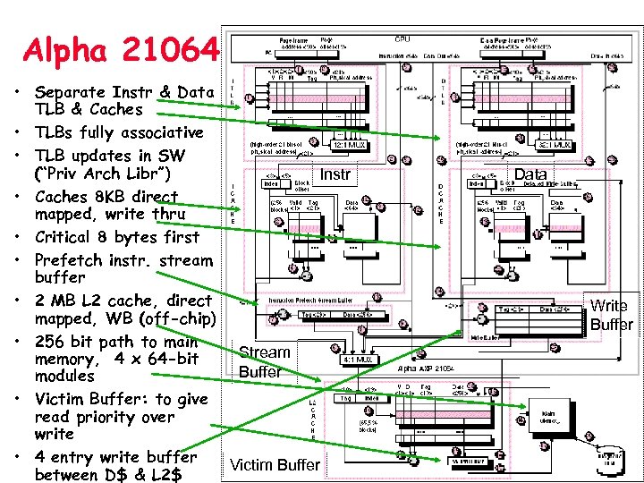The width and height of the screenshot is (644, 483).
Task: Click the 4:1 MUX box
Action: [x=364, y=360]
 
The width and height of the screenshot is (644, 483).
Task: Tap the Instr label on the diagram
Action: [x=335, y=174]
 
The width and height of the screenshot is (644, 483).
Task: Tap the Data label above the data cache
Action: [x=531, y=174]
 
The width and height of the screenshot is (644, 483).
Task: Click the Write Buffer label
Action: [x=611, y=315]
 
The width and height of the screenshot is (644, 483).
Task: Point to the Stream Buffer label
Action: [x=265, y=361]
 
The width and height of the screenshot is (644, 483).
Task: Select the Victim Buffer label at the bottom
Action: [x=275, y=464]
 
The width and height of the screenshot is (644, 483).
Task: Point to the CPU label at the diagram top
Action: [x=403, y=39]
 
